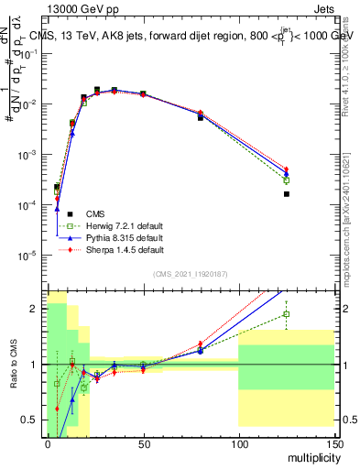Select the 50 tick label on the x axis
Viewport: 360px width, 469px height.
pyautogui.click(x=143, y=443)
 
